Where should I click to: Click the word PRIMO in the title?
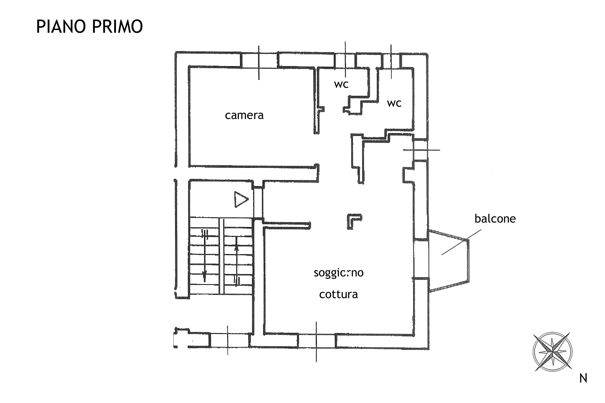tap(117, 26)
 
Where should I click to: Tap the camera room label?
tap(244, 115)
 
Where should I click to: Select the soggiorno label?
tap(338, 272)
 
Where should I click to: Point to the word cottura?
tap(338, 294)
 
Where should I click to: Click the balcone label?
tap(495, 219)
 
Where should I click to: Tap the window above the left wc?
tap(345, 60)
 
